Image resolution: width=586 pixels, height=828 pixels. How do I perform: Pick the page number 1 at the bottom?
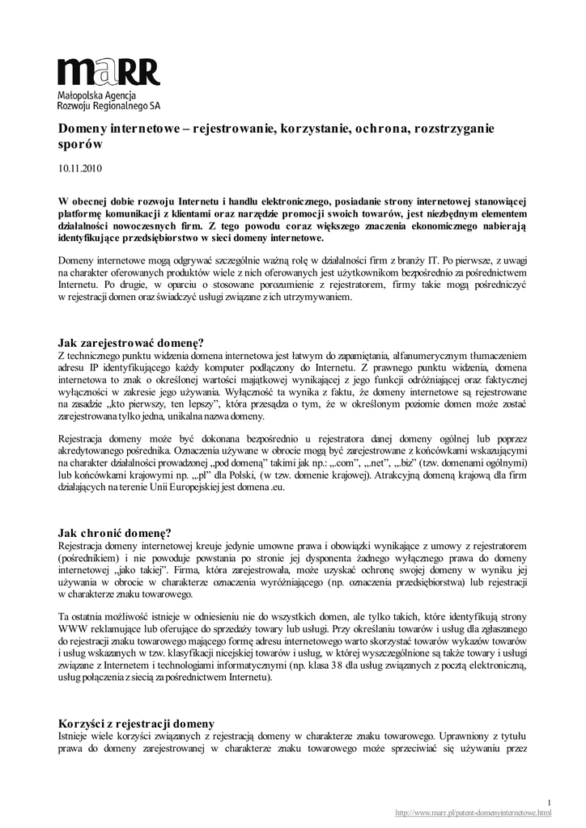tap(549, 801)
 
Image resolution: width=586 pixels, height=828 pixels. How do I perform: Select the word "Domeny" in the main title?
tap(83, 129)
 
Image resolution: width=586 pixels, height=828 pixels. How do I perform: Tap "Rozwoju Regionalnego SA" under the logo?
tap(108, 105)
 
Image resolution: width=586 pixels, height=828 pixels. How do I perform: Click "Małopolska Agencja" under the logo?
tap(98, 95)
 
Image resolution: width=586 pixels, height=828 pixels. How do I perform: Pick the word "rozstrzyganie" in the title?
tap(455, 129)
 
